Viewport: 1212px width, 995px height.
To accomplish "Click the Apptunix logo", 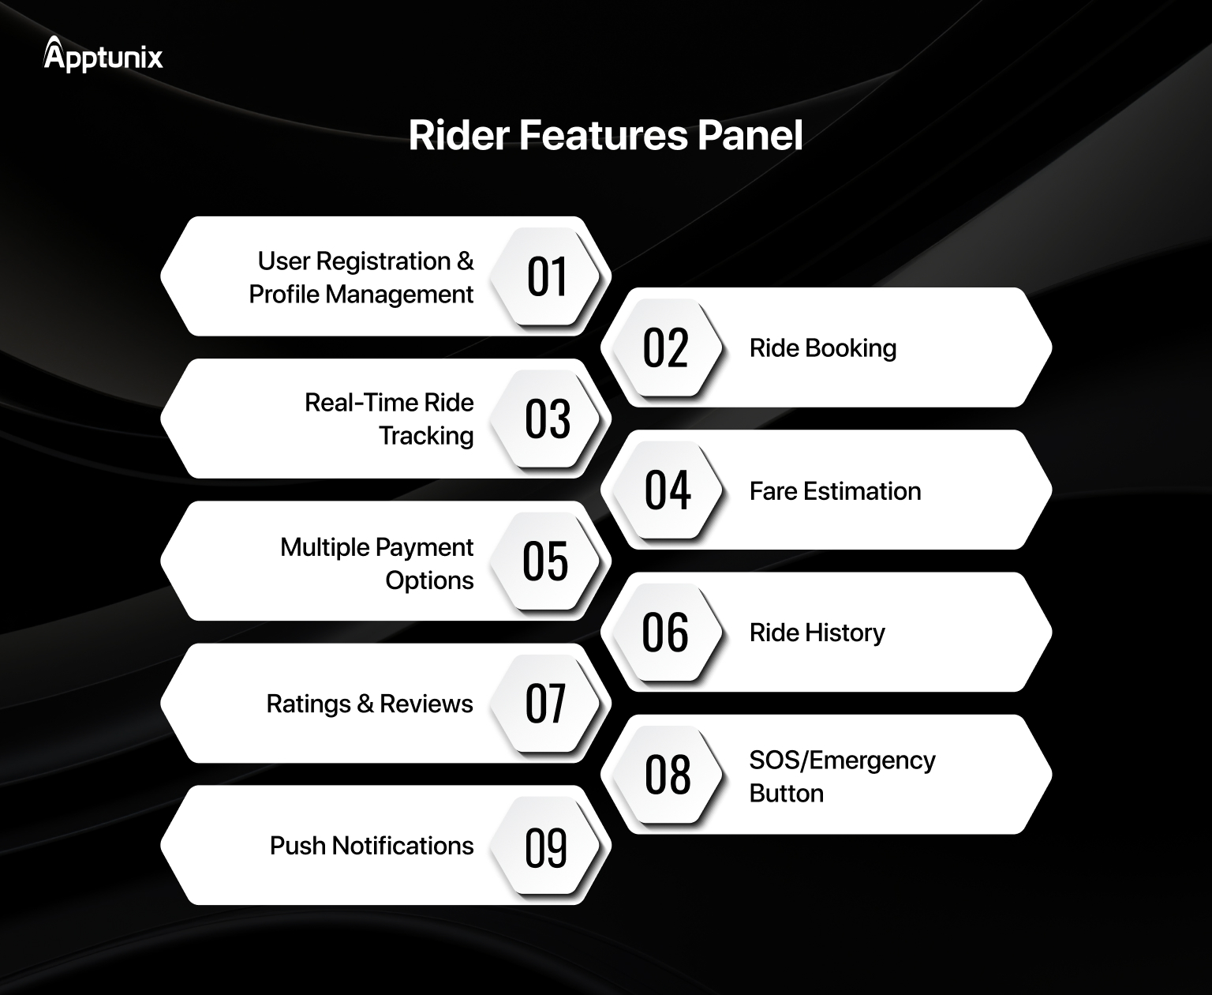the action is pyautogui.click(x=103, y=54).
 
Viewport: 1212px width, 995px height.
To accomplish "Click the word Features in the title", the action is pyautogui.click(x=604, y=136).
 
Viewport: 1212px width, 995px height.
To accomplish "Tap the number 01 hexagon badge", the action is pyautogui.click(x=545, y=276).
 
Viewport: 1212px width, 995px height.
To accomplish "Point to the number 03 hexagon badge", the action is pyautogui.click(x=545, y=419).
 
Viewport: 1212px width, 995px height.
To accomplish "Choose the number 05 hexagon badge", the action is pyautogui.click(x=545, y=561).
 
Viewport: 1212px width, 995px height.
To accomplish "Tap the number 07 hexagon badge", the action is pyautogui.click(x=545, y=703).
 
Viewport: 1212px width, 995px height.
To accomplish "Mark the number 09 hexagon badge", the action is pyautogui.click(x=545, y=846).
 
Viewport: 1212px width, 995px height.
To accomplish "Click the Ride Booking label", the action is pyautogui.click(x=823, y=348).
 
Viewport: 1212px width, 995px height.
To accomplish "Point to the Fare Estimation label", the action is pyautogui.click(x=835, y=491).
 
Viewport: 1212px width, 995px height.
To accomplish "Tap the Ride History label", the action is pyautogui.click(x=817, y=633).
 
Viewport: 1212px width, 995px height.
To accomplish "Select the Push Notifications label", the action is pyautogui.click(x=372, y=846).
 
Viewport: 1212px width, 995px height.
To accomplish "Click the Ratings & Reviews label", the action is pyautogui.click(x=369, y=704).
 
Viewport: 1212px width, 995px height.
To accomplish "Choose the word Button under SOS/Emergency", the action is pyautogui.click(x=786, y=794).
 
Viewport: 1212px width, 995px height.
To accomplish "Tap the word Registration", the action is pyautogui.click(x=383, y=262).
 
